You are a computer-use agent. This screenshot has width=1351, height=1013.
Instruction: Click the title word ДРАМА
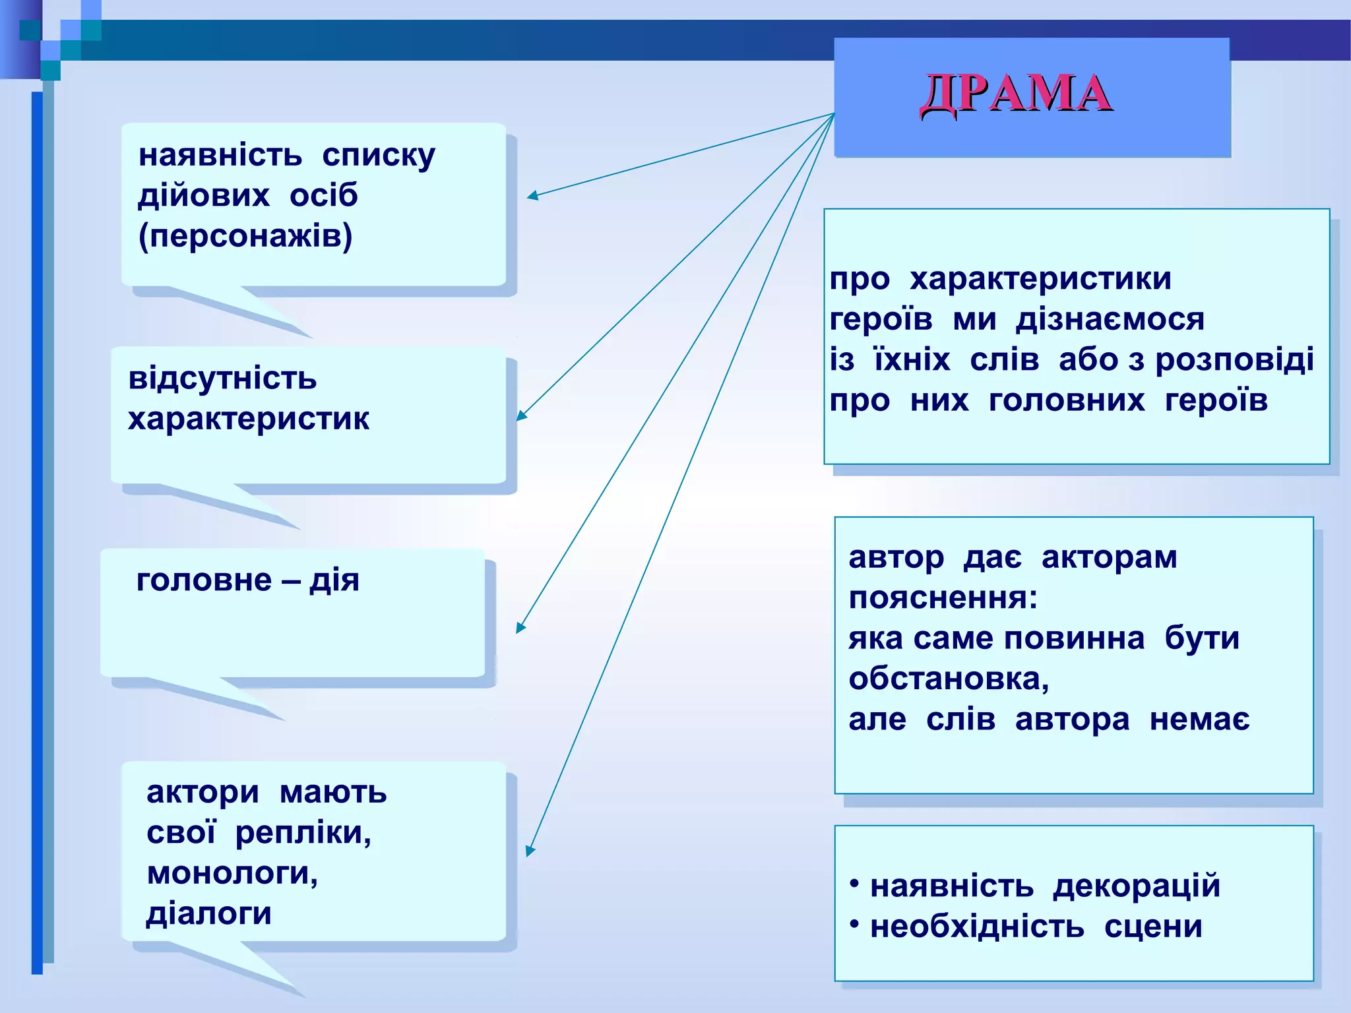[1016, 94]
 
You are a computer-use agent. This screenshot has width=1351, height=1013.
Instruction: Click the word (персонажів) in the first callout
[245, 236]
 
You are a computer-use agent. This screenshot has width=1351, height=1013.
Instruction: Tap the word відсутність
[222, 379]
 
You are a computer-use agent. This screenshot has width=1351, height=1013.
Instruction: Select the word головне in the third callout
[204, 580]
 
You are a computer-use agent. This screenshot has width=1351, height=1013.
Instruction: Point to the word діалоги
[208, 914]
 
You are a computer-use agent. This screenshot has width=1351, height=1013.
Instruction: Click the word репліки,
[303, 832]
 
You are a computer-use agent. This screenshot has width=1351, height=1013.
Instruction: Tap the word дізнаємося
[1110, 319]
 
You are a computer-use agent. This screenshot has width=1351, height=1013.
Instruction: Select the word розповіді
[1234, 360]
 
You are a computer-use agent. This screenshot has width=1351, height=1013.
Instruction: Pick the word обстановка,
[949, 679]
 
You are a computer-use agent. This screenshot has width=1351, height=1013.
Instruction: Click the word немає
[1199, 720]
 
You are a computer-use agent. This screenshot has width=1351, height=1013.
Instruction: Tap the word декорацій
[1136, 886]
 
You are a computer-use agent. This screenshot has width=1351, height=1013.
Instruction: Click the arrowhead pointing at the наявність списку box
[532, 195]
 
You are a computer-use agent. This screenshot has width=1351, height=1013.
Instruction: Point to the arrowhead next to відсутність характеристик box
[520, 415]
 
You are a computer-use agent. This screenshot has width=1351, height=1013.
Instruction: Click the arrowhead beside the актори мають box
[530, 851]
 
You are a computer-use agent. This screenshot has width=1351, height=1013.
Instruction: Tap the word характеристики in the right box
[1040, 278]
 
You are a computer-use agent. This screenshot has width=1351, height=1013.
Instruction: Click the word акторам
[1109, 558]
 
